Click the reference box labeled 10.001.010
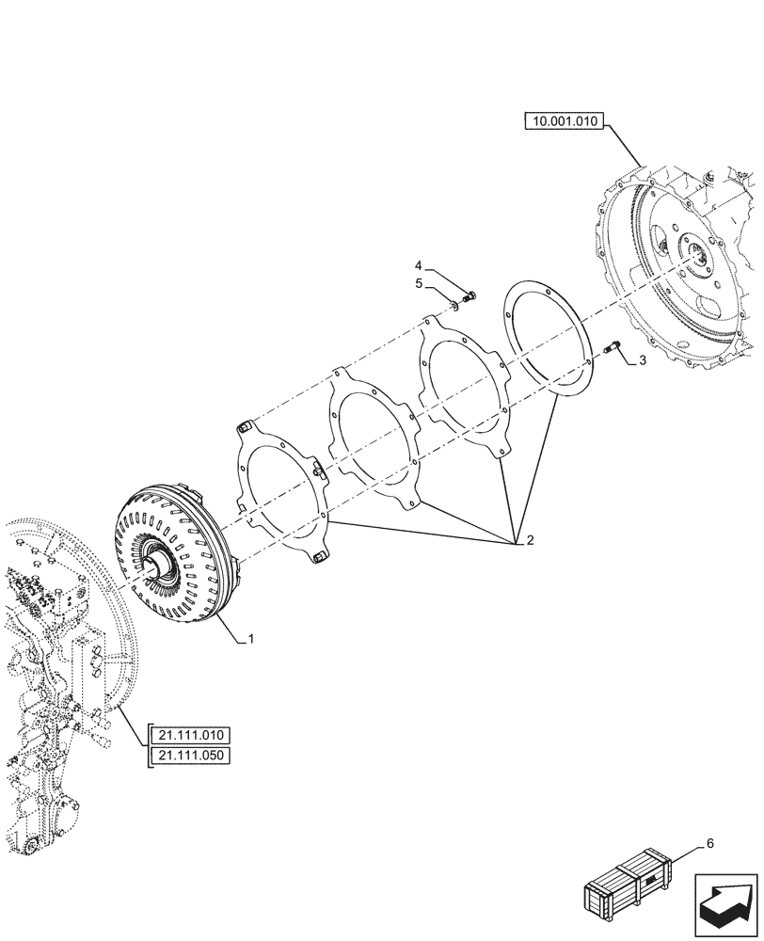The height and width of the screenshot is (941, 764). point(564,121)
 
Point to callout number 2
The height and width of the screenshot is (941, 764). point(530,541)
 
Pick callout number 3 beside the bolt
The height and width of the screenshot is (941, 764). point(643,360)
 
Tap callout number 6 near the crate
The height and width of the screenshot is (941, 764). point(710,842)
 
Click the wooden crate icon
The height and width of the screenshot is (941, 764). point(629,885)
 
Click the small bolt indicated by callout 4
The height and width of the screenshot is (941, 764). point(470,296)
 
